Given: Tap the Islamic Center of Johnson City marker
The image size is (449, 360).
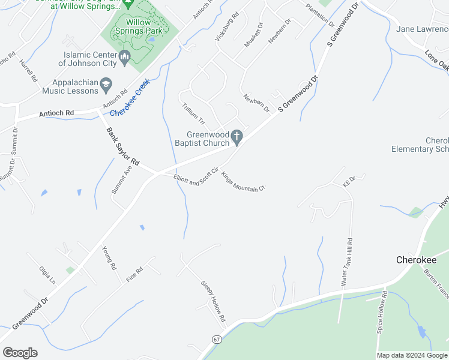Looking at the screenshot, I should click(125, 58).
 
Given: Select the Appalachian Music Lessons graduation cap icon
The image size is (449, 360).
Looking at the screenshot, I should click(106, 83).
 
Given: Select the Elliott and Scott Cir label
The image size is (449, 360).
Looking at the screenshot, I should click(195, 179).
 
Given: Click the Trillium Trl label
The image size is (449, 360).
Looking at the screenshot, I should click(193, 114).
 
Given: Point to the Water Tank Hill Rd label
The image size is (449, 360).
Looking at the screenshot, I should click(345, 261).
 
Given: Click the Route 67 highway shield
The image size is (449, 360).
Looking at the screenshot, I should click(216, 339).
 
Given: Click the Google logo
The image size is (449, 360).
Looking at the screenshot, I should click(20, 353).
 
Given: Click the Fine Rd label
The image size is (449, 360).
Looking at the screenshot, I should click(135, 275).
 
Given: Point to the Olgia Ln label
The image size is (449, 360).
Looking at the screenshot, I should click(47, 275).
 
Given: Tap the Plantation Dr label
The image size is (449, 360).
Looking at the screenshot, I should click(319, 16).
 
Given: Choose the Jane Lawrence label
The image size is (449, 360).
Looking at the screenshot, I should click(423, 29).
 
